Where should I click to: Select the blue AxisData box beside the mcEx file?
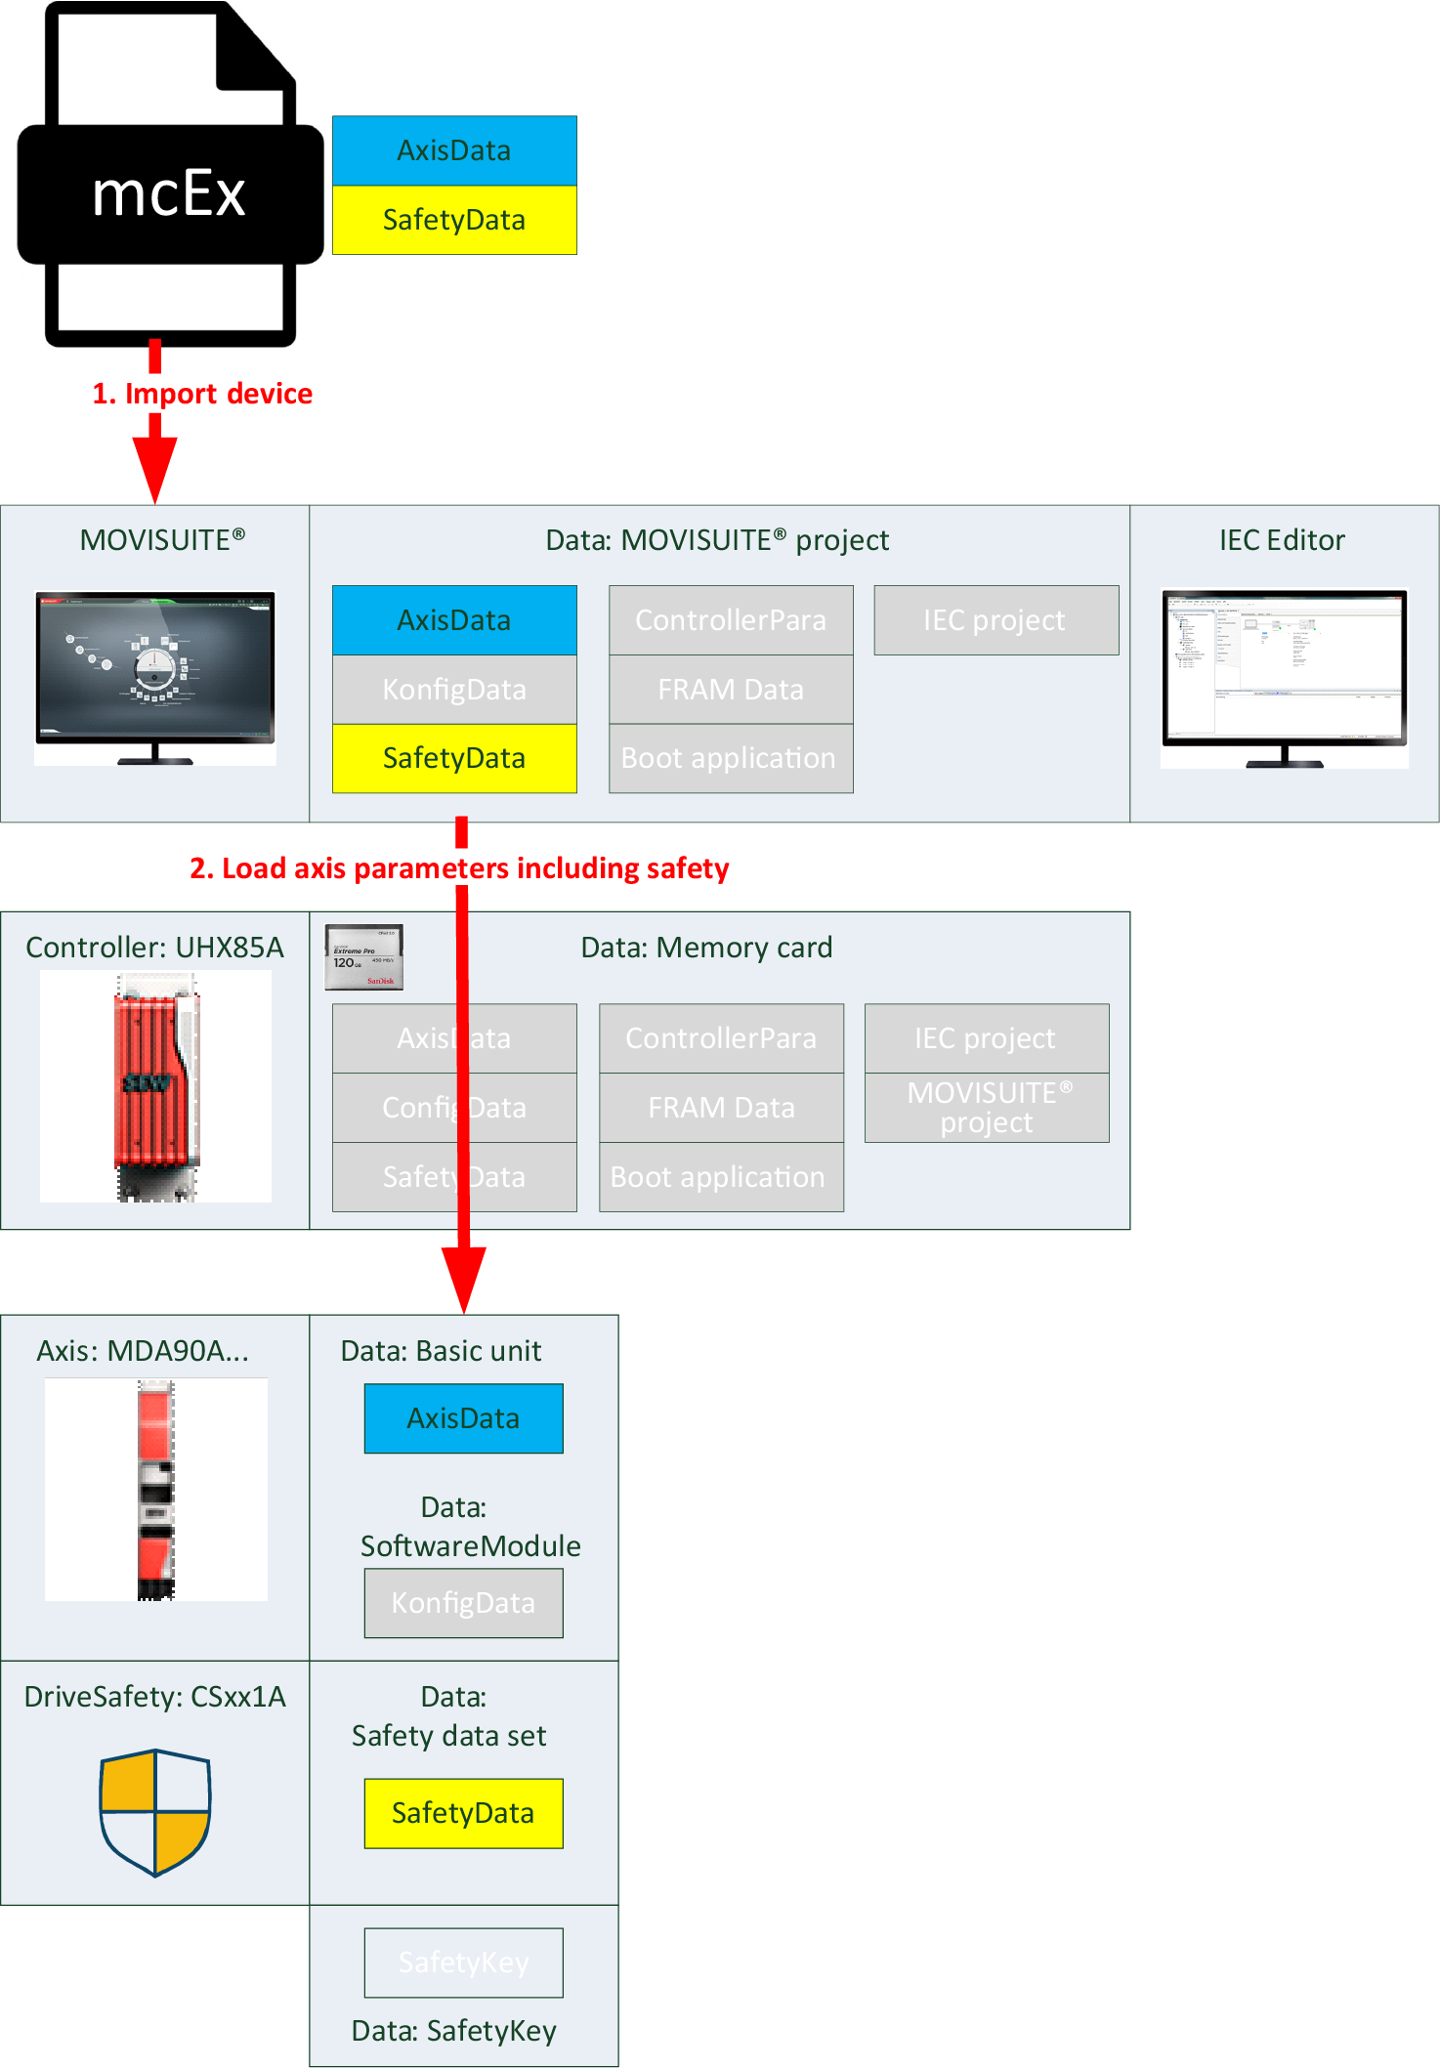click(x=454, y=150)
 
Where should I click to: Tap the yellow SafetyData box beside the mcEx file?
click(x=454, y=220)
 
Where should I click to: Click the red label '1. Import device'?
click(x=202, y=393)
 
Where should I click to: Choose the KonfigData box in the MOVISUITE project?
click(x=454, y=690)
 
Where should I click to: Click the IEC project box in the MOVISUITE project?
click(x=995, y=620)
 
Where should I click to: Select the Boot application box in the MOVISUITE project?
click(x=730, y=758)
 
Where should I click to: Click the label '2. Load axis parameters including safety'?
click(x=459, y=868)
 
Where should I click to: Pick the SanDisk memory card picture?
click(x=364, y=957)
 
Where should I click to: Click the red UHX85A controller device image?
click(x=156, y=1084)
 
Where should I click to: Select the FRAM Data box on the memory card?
click(x=721, y=1108)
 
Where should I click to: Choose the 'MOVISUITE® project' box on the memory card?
click(x=987, y=1108)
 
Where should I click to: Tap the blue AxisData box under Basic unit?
click(x=463, y=1418)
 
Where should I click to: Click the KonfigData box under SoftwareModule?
click(x=463, y=1603)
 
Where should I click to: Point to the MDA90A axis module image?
click(x=156, y=1489)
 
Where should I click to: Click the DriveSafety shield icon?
click(x=155, y=1812)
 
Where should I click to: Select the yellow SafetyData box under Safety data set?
click(x=463, y=1813)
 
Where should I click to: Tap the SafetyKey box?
click(x=463, y=1962)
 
